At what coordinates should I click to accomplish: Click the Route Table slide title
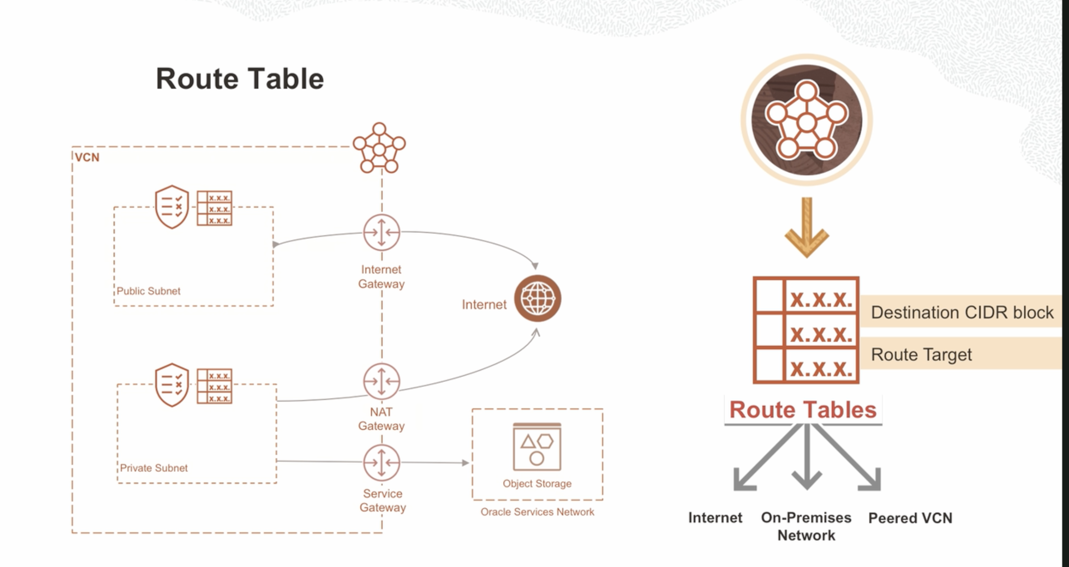tap(240, 79)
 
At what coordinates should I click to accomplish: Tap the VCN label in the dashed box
tap(87, 157)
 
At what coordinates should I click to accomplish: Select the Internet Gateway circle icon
tap(381, 233)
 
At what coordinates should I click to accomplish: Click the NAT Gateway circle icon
tap(381, 381)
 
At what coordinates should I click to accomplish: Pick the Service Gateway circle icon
tap(381, 462)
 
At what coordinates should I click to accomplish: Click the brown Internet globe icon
tap(537, 298)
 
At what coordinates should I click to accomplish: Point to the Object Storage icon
tap(537, 447)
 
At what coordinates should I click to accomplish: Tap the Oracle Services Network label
tap(537, 512)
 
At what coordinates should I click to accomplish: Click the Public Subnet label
tap(148, 291)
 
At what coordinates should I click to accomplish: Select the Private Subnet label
tap(154, 468)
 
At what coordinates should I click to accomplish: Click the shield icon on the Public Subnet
tap(172, 207)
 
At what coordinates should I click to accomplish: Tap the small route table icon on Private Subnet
tap(215, 386)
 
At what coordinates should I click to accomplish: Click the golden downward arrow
tap(807, 228)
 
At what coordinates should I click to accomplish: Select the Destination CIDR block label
tap(962, 313)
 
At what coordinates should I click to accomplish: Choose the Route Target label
tap(921, 355)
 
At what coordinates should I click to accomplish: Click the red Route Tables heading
tap(803, 410)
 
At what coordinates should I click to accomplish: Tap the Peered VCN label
tap(910, 518)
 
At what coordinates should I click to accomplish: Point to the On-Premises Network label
tap(806, 526)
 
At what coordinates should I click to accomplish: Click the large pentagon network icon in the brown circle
tap(806, 120)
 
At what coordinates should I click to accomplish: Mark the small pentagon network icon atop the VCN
tap(379, 148)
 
